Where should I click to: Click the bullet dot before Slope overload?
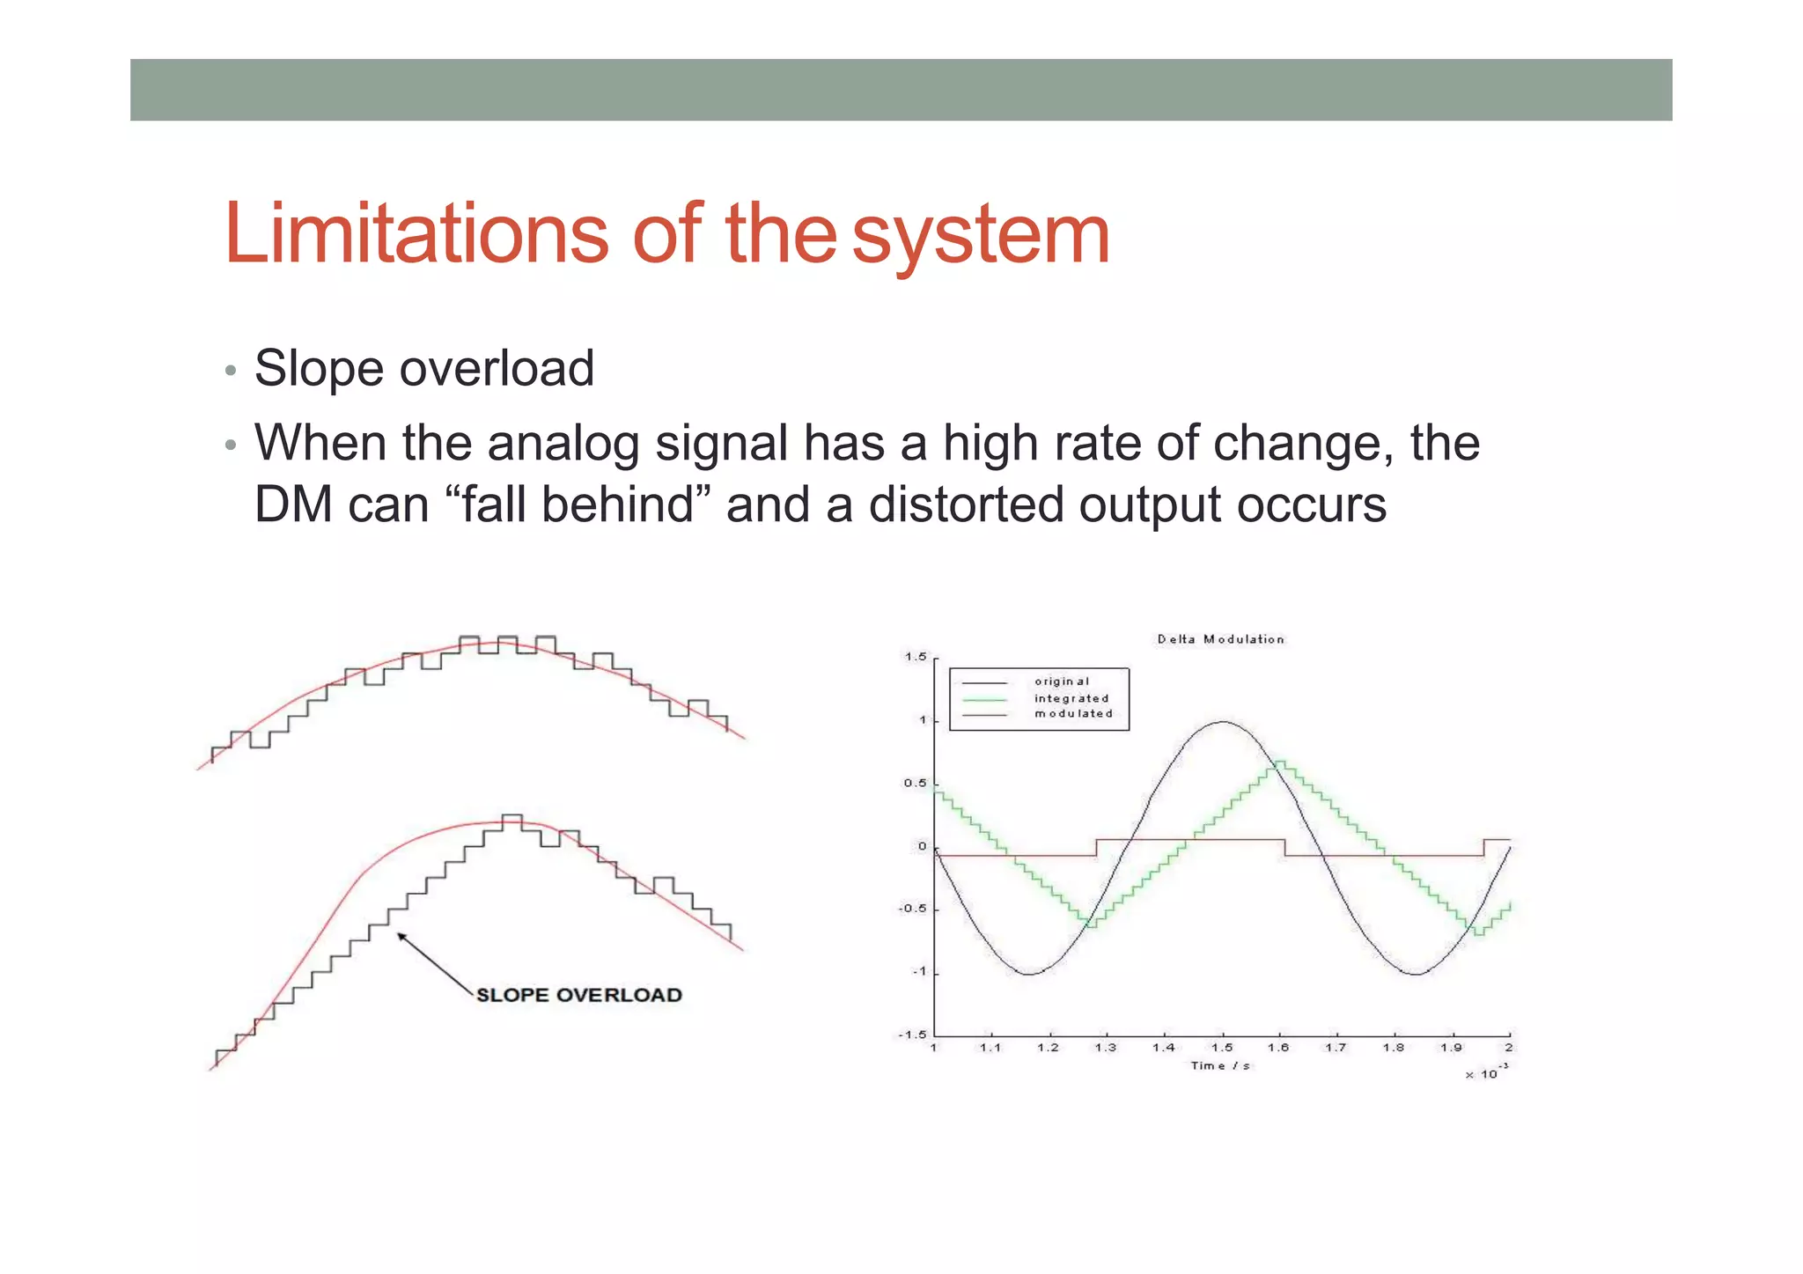(x=231, y=370)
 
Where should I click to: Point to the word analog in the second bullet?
(x=563, y=443)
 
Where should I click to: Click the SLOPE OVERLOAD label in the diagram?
(x=578, y=995)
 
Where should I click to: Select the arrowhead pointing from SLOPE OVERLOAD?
(x=401, y=937)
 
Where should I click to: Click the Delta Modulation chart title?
(x=1220, y=639)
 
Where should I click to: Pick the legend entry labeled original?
(x=1061, y=681)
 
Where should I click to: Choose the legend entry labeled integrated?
(x=1071, y=698)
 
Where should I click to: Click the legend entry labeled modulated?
(x=1073, y=714)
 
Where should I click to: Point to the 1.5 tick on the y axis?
(x=916, y=657)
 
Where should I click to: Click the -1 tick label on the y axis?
(x=918, y=972)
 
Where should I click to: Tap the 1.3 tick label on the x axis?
(x=1106, y=1048)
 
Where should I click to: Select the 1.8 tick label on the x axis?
(x=1393, y=1048)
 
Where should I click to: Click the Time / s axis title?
(x=1220, y=1066)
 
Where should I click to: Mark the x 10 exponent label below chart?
(x=1486, y=1073)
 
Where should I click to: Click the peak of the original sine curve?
(x=1223, y=722)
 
